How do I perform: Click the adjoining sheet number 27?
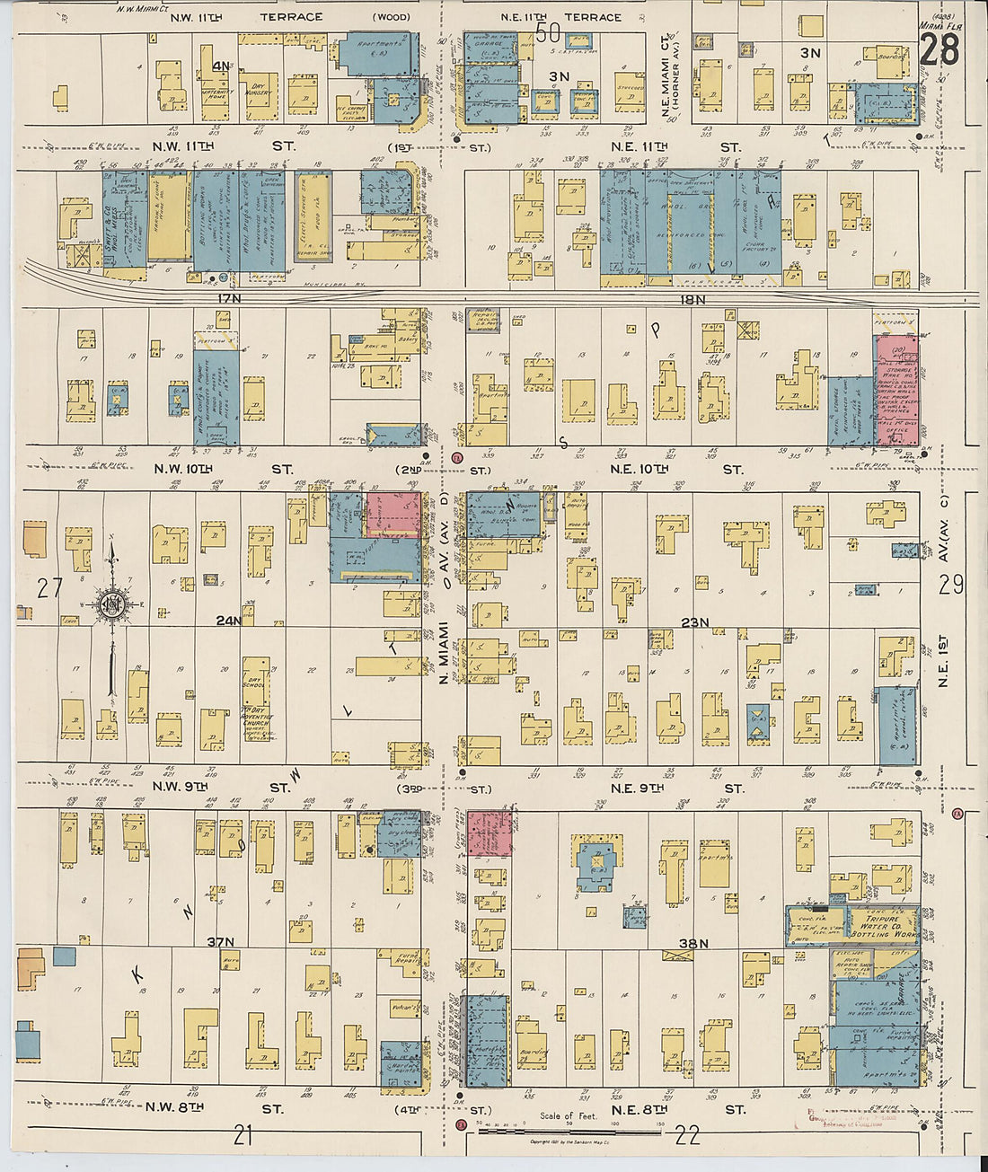pos(49,588)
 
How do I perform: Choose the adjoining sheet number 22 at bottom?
pos(687,1136)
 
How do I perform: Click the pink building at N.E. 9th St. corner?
pos(489,832)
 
